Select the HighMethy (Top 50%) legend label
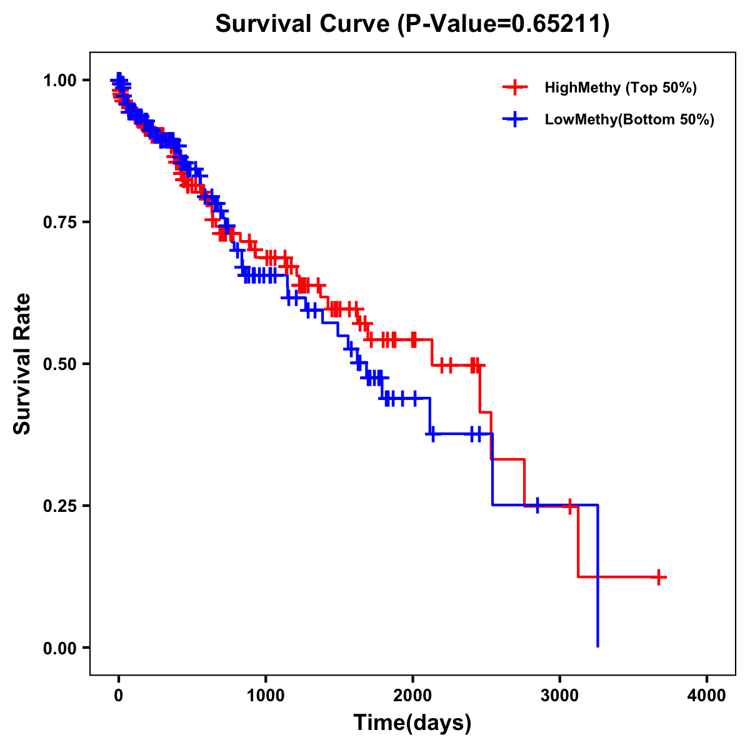click(x=620, y=87)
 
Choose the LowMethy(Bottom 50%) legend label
click(x=629, y=119)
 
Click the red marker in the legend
click(x=515, y=87)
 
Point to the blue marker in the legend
click(x=515, y=119)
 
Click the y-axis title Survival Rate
click(x=22, y=363)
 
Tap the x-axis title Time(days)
click(x=412, y=722)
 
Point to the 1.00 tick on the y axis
click(x=59, y=80)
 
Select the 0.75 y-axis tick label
click(x=59, y=222)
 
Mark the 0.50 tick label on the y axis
click(x=59, y=364)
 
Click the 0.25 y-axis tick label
click(x=59, y=506)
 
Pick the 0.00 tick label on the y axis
click(x=59, y=647)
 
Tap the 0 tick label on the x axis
click(x=118, y=696)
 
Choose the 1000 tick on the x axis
click(x=266, y=696)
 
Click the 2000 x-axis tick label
click(x=412, y=696)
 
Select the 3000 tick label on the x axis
click(x=560, y=696)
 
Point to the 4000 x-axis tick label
click(x=707, y=696)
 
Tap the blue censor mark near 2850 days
click(x=537, y=505)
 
